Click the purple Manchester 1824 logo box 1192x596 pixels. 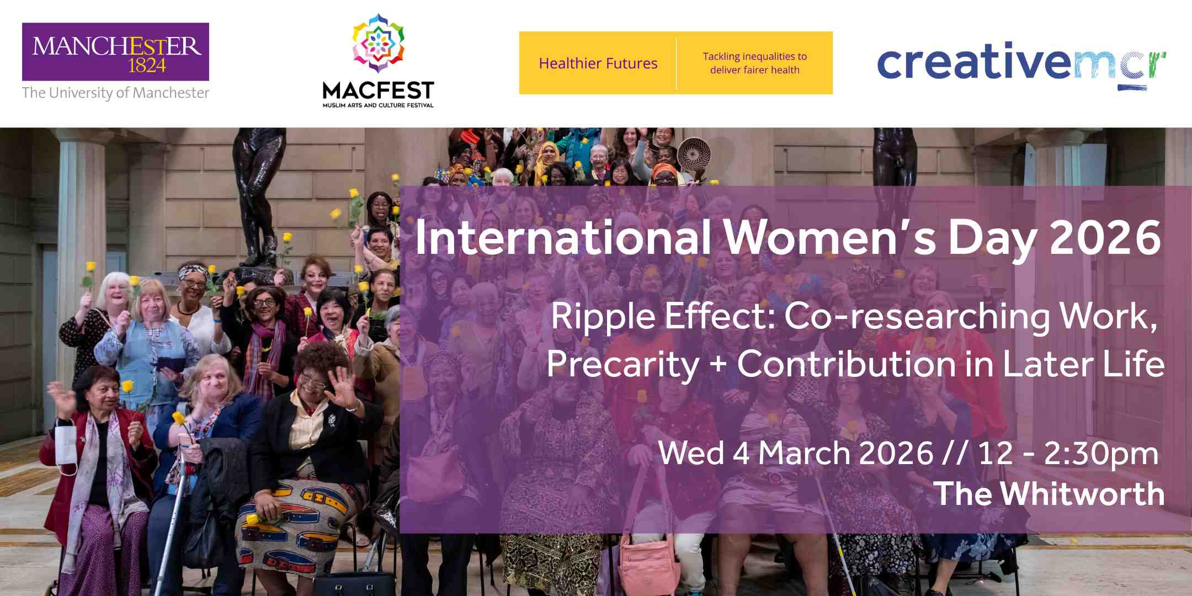click(115, 51)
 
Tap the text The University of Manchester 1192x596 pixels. click(115, 93)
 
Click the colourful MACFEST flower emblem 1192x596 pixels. click(378, 44)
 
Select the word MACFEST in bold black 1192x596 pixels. click(378, 91)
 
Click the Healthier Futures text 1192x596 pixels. click(598, 63)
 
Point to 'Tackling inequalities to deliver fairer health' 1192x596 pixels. click(754, 63)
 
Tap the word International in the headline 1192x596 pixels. click(563, 237)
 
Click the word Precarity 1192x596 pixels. click(622, 365)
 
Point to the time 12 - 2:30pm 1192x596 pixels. click(1068, 453)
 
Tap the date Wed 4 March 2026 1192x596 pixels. click(796, 453)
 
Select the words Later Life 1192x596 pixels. click(1083, 364)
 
